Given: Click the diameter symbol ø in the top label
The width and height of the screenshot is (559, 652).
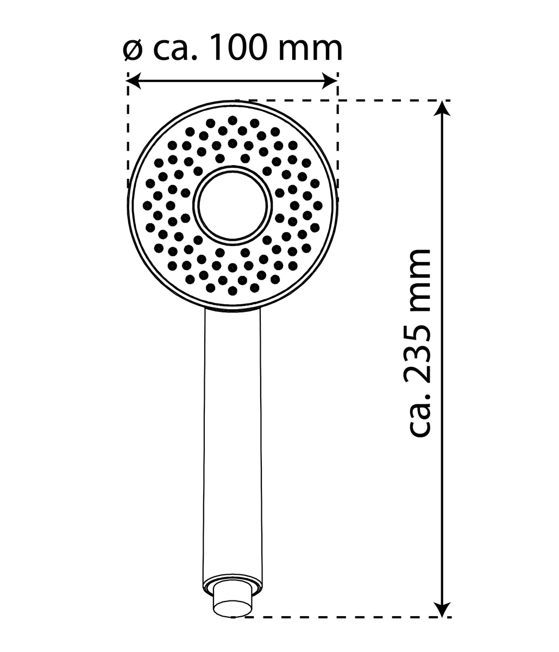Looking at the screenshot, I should (x=133, y=49).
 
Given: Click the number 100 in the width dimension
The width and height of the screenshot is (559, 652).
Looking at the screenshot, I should (x=238, y=48).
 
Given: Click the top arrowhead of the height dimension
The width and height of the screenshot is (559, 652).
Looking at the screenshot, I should (x=444, y=108).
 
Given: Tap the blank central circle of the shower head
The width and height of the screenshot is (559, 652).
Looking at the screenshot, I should (x=233, y=205).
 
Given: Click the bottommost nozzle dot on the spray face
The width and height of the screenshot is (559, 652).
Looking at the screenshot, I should (x=233, y=290).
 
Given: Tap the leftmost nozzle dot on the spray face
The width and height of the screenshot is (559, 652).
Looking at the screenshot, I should (x=147, y=205).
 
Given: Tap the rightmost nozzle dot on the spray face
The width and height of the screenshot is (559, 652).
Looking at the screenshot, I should (x=318, y=205).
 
